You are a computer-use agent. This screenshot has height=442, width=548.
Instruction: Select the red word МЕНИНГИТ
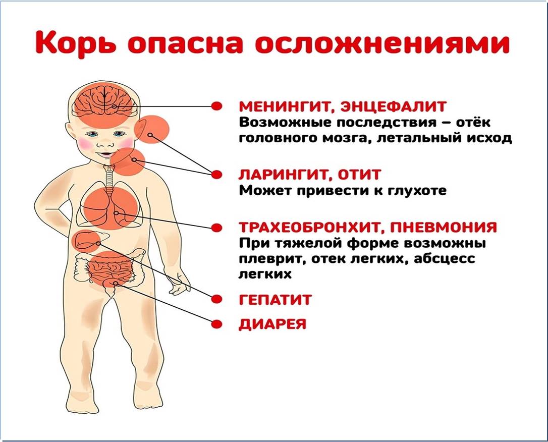tap(284, 106)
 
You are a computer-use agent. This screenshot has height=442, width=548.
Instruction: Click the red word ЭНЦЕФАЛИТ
tap(390, 106)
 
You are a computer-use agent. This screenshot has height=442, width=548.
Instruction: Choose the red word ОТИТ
tap(358, 175)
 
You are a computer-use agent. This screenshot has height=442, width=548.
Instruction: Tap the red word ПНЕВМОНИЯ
tap(443, 228)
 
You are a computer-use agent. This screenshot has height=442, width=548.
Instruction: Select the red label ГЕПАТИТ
tap(275, 300)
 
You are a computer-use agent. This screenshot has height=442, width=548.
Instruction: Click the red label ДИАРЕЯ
tap(272, 324)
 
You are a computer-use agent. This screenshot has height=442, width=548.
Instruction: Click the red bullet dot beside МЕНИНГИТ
tap(217, 106)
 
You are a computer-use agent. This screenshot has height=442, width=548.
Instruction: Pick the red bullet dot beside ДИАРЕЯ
tap(217, 324)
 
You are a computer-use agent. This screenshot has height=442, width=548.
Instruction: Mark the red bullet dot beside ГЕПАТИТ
tap(217, 299)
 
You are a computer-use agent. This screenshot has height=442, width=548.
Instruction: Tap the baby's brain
tap(103, 101)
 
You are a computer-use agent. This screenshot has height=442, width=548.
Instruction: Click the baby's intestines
tap(110, 267)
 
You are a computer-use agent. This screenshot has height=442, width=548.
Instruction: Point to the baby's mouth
tap(105, 154)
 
